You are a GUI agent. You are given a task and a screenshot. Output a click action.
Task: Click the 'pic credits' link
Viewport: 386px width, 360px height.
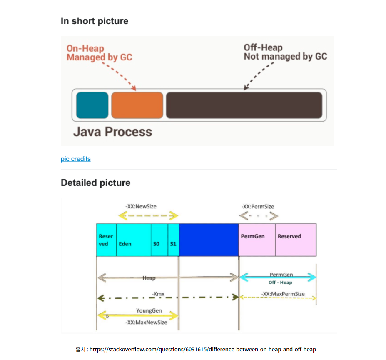coord(75,159)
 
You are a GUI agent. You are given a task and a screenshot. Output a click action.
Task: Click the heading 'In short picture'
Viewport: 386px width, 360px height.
coord(95,21)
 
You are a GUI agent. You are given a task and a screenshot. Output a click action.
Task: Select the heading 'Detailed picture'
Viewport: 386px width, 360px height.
coord(95,183)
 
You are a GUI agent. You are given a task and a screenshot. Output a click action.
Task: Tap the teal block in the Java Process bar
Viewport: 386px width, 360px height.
coord(92,105)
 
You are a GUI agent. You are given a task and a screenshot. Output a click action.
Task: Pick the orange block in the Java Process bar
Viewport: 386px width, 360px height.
coord(137,105)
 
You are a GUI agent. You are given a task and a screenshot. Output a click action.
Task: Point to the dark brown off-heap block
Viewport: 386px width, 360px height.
coord(244,105)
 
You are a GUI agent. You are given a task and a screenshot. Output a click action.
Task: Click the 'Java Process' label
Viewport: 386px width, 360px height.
coord(112,132)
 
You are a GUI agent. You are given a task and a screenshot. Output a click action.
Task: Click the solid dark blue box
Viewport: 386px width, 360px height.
coord(209,240)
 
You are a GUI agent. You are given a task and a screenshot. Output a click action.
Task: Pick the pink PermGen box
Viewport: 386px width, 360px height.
coord(257,240)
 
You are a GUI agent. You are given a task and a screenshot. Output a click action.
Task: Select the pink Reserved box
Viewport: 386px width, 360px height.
coord(296,240)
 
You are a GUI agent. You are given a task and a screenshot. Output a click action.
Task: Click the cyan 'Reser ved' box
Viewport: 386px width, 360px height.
coord(106,240)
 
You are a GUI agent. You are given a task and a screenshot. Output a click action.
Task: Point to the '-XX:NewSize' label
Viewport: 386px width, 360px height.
coord(141,206)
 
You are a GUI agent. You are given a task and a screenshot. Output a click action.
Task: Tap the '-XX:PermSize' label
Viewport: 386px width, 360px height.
coord(258,206)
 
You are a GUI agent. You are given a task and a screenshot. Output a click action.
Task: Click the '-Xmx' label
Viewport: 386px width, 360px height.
coord(158,294)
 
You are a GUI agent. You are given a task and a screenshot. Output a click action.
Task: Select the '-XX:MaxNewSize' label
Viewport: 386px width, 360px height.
coord(146,322)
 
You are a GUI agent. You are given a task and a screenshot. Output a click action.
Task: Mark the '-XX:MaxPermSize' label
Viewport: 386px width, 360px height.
coord(283,294)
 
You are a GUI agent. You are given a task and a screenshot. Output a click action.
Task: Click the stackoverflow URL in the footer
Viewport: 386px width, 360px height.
coord(203,349)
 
